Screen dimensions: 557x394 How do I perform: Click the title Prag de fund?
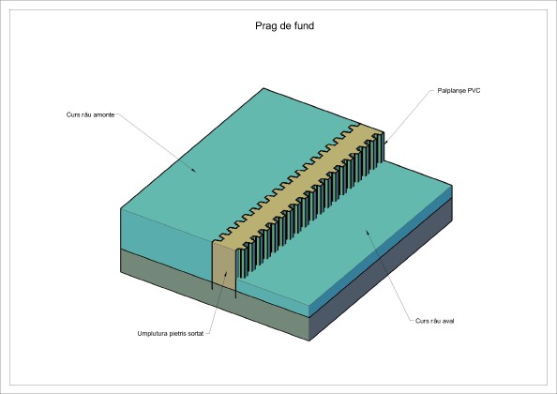(284, 26)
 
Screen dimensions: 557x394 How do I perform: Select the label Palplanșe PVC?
(459, 91)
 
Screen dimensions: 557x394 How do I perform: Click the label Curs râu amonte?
(90, 114)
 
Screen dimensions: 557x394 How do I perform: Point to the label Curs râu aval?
(435, 321)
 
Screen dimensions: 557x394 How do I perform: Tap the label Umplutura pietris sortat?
(171, 334)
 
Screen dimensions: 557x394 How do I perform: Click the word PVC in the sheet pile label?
(474, 91)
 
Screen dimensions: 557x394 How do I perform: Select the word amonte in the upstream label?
(104, 114)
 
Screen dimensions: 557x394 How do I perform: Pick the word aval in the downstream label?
(447, 321)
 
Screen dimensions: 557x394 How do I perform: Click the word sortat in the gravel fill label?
(195, 334)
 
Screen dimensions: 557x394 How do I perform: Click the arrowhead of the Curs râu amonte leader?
(193, 171)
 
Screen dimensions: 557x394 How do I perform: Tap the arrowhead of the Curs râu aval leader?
(368, 232)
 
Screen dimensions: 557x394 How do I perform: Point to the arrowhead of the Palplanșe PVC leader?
(385, 142)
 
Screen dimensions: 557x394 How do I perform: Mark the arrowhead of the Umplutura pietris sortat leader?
(226, 274)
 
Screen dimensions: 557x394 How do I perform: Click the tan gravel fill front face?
(224, 265)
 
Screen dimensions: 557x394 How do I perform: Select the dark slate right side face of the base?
(381, 269)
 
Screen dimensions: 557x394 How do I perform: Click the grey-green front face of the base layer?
(213, 295)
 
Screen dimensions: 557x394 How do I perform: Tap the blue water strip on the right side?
(381, 250)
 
